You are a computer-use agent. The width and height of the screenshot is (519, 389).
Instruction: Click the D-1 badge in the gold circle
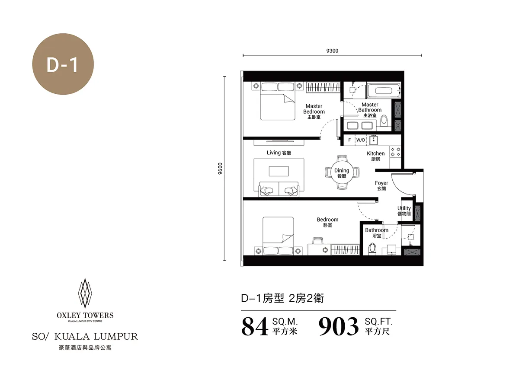pos(63,64)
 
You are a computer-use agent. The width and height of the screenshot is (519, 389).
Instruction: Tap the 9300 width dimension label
pos(332,51)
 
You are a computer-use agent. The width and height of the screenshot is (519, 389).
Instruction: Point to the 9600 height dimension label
pos(220,169)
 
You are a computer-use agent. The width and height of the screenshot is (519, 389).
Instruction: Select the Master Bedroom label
pos(314,112)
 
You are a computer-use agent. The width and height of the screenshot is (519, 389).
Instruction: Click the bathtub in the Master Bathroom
pos(384,90)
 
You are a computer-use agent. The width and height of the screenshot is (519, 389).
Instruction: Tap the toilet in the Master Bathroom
pos(384,121)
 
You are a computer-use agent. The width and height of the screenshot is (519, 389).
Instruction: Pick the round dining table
pos(342,172)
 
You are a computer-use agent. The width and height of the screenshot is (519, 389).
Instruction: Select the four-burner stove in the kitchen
pos(395,152)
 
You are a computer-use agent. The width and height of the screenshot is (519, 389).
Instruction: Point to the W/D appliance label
pos(361,140)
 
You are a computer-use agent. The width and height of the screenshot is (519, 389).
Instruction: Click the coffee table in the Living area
pos(279,171)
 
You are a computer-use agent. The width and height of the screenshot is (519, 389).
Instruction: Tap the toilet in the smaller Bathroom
pos(372,249)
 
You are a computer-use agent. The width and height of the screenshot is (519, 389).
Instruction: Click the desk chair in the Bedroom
pos(317,241)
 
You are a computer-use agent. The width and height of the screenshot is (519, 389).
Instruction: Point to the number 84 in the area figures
pos(255,326)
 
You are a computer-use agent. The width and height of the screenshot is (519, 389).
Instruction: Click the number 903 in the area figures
pos(338,326)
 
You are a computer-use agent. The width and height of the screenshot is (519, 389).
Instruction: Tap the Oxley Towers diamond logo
pos(85,293)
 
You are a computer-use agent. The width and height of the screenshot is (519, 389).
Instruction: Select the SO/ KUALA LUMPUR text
pos(85,336)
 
